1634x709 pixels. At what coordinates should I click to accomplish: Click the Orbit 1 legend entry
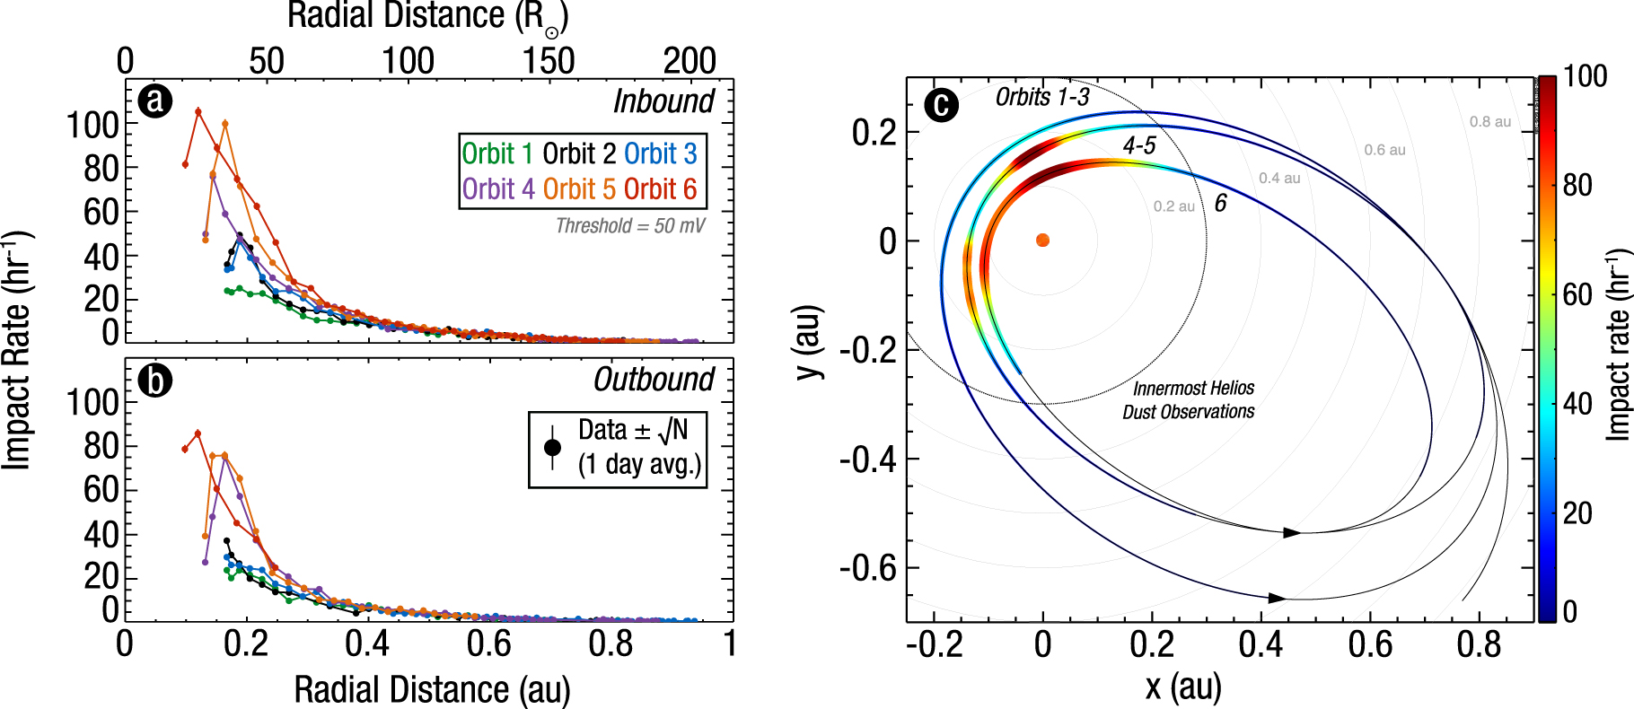point(496,154)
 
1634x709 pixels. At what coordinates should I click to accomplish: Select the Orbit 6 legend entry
point(660,189)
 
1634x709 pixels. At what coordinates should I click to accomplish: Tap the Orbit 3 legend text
point(660,154)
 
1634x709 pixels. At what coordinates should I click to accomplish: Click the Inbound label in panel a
point(663,101)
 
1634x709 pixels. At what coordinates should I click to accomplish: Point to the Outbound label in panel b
point(654,380)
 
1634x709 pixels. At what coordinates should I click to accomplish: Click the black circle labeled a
point(155,101)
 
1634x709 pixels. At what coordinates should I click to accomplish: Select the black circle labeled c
point(941,105)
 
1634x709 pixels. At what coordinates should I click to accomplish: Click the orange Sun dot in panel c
point(1042,241)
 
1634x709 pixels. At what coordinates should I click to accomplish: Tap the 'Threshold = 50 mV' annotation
point(630,226)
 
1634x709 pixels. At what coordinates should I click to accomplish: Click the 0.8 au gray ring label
point(1490,122)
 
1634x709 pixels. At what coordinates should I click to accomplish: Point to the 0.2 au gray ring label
point(1174,206)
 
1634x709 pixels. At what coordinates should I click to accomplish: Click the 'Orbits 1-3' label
point(1042,97)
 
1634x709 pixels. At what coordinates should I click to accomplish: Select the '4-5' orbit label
point(1139,145)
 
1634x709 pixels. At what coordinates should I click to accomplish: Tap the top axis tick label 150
point(549,61)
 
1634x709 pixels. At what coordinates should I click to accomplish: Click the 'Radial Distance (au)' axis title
point(432,689)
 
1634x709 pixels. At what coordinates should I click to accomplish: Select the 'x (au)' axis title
point(1183,687)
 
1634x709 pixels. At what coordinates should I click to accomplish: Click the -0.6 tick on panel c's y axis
point(867,568)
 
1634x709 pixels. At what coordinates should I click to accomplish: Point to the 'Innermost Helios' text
point(1193,389)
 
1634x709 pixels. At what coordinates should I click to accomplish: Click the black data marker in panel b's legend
point(553,447)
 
